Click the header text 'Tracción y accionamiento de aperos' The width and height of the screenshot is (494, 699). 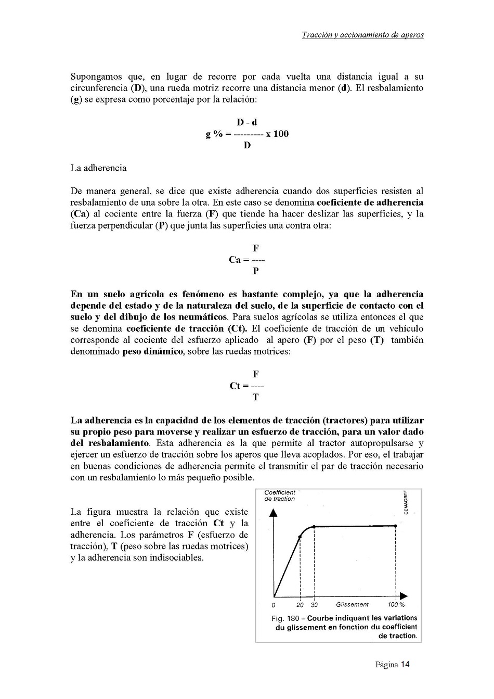click(362, 35)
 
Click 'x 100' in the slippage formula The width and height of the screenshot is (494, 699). click(277, 134)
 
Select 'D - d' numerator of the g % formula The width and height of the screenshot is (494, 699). click(247, 122)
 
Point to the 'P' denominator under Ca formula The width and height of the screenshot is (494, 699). click(255, 271)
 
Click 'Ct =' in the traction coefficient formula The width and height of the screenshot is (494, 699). click(239, 386)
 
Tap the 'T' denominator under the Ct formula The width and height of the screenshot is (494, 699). click(255, 397)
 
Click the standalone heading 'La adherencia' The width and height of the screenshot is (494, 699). click(98, 168)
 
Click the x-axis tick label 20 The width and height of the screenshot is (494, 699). click(300, 605)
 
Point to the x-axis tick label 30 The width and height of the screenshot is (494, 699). click(314, 605)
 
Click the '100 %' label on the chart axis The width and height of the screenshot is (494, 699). click(396, 604)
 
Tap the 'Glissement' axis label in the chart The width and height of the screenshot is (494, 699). click(352, 604)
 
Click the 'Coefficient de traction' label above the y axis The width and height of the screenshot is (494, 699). click(279, 495)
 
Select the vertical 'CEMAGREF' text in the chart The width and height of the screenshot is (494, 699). click(406, 502)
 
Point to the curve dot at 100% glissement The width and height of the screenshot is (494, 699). click(395, 526)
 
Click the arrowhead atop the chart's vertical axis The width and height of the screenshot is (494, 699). click(274, 513)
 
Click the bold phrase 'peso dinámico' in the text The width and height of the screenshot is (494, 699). click(152, 351)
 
